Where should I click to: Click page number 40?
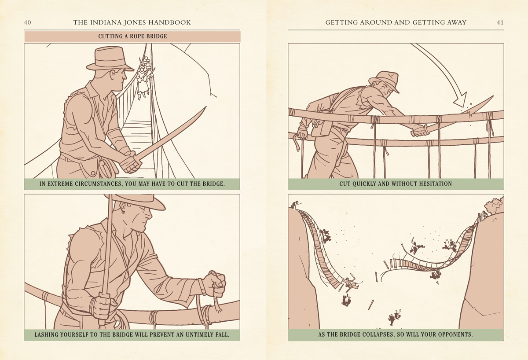tap(27, 22)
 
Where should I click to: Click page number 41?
tap(500, 22)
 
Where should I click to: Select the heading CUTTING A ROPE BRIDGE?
tap(132, 36)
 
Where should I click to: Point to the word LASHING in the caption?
tap(45, 334)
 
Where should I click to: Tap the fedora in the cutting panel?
tap(384, 81)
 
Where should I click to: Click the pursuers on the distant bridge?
tap(144, 77)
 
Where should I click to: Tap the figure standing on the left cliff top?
tap(295, 204)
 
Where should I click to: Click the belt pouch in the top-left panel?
tap(91, 168)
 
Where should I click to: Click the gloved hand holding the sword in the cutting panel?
tap(420, 131)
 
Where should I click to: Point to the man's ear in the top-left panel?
tap(113, 74)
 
